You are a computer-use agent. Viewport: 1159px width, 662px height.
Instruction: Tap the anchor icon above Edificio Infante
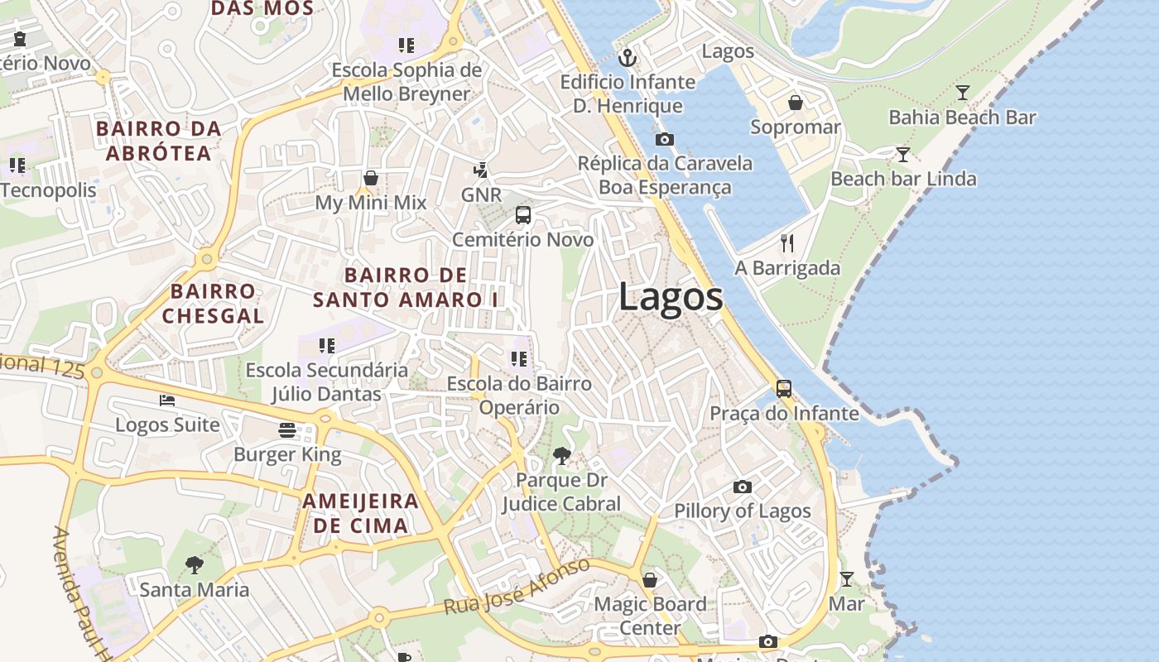tap(628, 58)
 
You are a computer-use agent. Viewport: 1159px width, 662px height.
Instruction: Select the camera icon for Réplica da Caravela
tap(664, 139)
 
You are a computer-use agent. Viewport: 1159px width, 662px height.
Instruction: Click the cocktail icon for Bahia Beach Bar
tap(962, 92)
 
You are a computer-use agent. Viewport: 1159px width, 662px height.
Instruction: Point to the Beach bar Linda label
tap(903, 179)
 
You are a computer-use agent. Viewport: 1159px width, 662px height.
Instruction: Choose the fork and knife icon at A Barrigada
tap(787, 243)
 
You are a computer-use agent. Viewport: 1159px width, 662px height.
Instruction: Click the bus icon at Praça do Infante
tap(783, 388)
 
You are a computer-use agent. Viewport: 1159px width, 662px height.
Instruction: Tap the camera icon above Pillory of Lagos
tap(743, 487)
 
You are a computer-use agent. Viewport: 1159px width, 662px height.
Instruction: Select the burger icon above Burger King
tap(287, 430)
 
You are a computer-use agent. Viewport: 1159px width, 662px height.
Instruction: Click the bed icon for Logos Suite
tap(167, 401)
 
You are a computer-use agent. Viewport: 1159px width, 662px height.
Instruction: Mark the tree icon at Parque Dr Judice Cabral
tap(561, 455)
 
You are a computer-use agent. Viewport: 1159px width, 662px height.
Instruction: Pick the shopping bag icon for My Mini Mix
tap(370, 178)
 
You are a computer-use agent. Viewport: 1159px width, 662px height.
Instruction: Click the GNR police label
tap(481, 194)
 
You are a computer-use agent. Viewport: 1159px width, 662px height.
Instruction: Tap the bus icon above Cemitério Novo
tap(523, 215)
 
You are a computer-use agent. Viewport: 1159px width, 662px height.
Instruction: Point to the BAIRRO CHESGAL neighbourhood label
tap(213, 303)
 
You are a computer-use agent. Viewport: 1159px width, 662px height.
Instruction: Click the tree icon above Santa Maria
tap(194, 565)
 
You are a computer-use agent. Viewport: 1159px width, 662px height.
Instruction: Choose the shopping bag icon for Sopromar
tap(795, 103)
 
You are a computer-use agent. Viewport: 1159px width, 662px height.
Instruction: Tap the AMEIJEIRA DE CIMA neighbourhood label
tap(360, 513)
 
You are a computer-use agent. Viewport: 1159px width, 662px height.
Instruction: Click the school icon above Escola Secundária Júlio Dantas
tap(326, 345)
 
